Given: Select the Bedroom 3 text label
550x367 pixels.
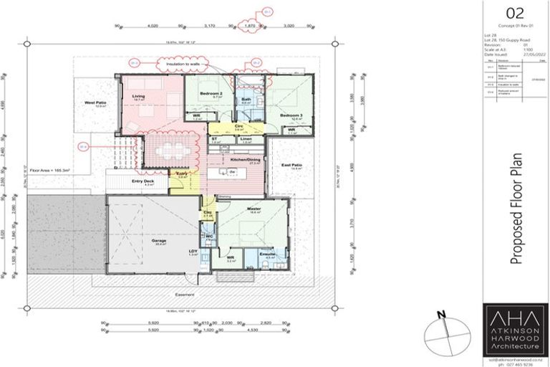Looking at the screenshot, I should [x=291, y=115].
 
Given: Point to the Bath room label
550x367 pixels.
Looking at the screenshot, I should [x=246, y=100].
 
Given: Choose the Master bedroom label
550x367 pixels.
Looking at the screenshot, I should [x=254, y=209].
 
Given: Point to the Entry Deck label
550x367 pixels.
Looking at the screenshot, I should [x=143, y=181].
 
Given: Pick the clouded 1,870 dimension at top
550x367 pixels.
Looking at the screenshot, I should [x=250, y=25].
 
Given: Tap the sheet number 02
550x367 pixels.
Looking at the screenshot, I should [x=515, y=13].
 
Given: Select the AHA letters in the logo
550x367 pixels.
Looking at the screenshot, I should [x=515, y=318].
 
